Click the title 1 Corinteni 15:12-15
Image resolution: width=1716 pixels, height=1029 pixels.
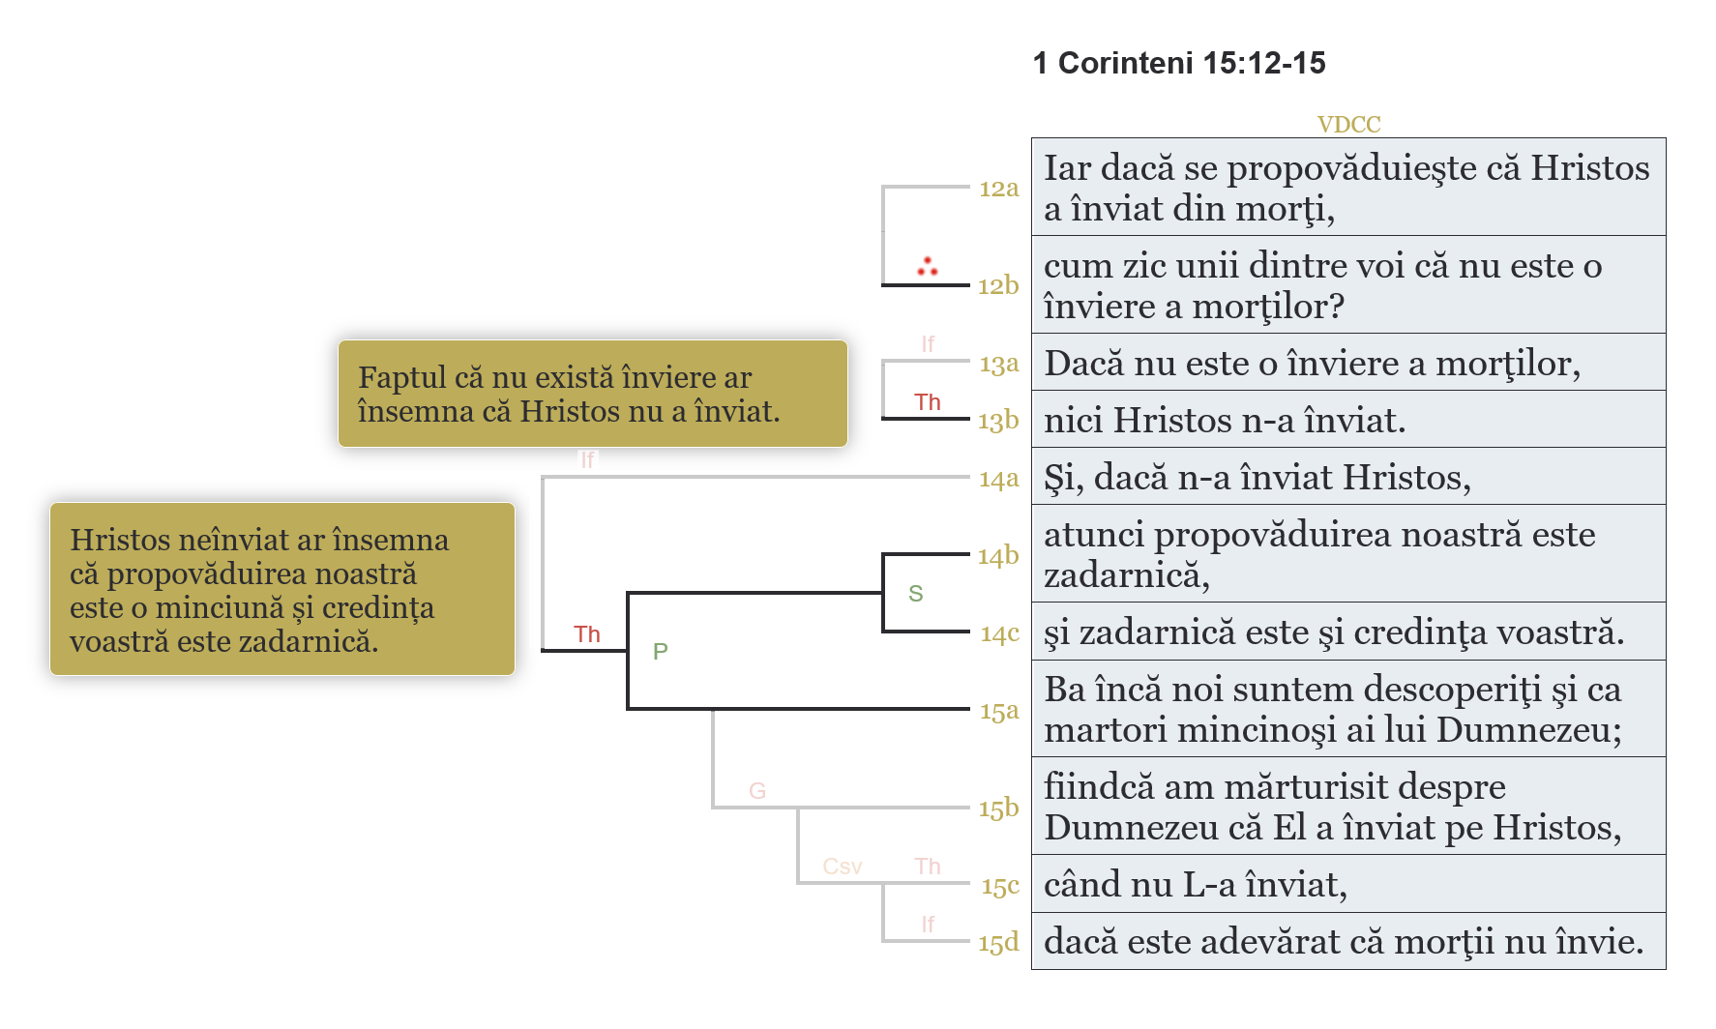(1178, 64)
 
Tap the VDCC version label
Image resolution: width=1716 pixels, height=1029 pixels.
(1348, 125)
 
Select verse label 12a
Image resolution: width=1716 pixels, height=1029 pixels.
(998, 189)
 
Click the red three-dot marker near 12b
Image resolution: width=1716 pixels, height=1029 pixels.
(928, 266)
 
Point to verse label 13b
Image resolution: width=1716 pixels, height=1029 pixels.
(998, 421)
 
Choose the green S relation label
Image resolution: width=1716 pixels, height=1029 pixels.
(916, 594)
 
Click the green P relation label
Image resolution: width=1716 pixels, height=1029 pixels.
(661, 652)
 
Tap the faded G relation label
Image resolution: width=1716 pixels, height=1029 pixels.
(757, 791)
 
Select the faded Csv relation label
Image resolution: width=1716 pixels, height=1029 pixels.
(842, 867)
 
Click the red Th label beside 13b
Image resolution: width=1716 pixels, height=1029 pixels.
(928, 402)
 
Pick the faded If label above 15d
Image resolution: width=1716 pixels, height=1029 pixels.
(928, 925)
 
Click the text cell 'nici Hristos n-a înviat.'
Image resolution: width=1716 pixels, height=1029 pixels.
(1225, 421)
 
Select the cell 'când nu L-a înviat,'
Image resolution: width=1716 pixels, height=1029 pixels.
(1196, 885)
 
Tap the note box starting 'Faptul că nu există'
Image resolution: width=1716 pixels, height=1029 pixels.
(592, 394)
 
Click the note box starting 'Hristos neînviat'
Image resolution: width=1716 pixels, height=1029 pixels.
(281, 589)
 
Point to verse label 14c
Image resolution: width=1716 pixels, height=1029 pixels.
(999, 633)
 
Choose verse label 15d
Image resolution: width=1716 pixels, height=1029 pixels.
(998, 943)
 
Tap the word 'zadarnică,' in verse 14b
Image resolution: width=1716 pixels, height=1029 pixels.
(1127, 576)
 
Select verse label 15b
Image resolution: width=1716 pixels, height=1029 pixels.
(998, 808)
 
